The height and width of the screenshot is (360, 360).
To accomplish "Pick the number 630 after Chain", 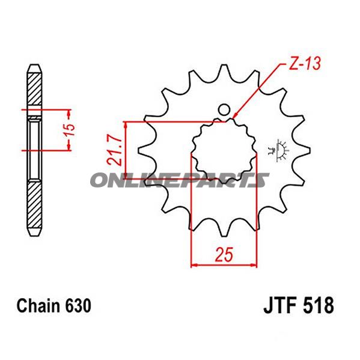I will tap(78, 307).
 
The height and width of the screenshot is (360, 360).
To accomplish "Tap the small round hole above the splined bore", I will tap(224, 110).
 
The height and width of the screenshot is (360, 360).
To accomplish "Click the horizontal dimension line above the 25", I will tap(224, 264).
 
